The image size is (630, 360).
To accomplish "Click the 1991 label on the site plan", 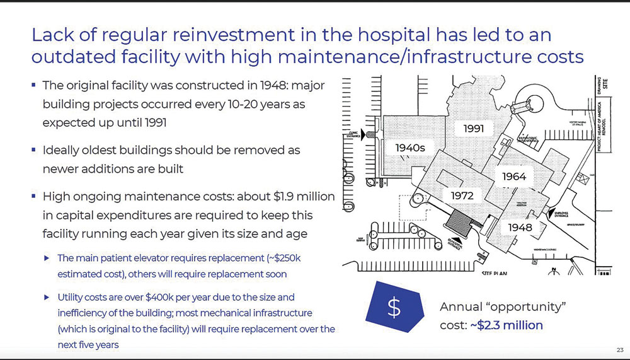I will pos(473,129).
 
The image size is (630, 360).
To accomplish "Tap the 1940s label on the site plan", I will pos(411,148).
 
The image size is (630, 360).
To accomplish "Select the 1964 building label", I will pos(514,177).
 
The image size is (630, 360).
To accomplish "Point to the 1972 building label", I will pos(462,195).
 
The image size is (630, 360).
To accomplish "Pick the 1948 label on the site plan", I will pos(520,227).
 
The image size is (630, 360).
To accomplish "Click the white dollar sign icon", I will pos(394,307).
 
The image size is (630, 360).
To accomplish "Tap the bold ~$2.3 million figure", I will pos(506,325).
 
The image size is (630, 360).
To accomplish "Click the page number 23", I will pos(619,350).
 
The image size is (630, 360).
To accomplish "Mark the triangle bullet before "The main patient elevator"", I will pos(47,258).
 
